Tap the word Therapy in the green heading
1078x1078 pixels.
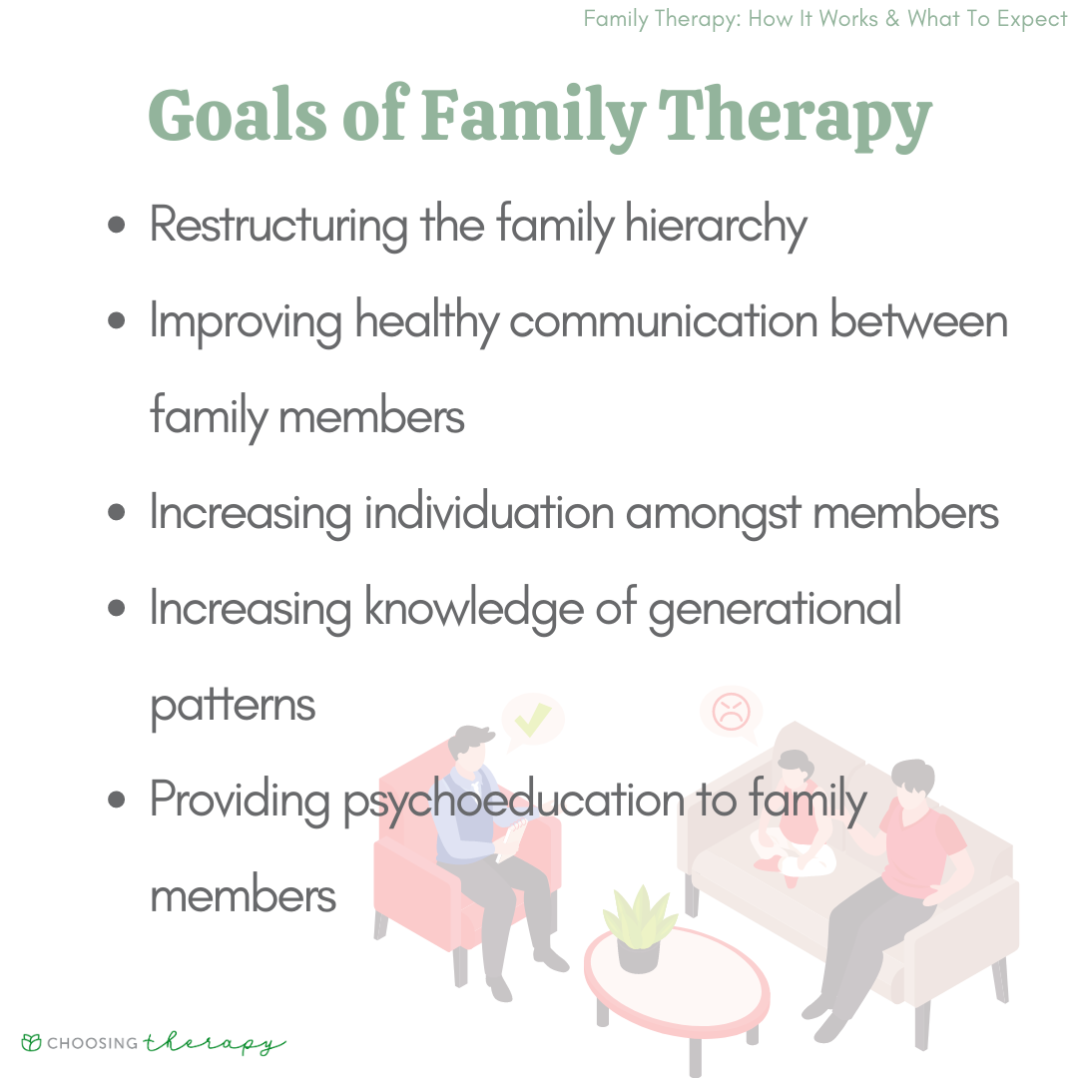[x=795, y=118]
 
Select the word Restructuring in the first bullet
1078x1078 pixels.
[x=279, y=226]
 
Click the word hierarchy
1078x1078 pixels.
[x=716, y=226]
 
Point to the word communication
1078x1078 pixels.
[x=664, y=320]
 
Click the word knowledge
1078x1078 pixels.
[x=474, y=609]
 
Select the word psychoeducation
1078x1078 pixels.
[x=514, y=802]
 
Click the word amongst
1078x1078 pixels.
[x=714, y=514]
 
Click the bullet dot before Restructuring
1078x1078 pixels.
[x=117, y=225]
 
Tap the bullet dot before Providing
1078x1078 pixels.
[x=117, y=799]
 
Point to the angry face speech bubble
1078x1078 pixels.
[x=732, y=713]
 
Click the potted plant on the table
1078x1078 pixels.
[x=640, y=929]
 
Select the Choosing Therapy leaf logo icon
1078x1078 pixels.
[x=32, y=1042]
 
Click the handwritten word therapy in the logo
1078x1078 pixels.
[x=215, y=1044]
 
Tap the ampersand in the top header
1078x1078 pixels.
[x=892, y=19]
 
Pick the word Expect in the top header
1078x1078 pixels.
[x=1032, y=19]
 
